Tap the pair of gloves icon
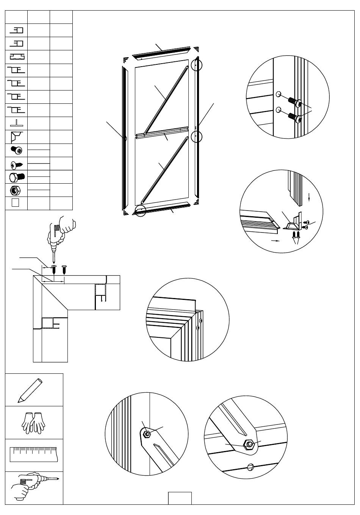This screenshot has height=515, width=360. pos(33,423)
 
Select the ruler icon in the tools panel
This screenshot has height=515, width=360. pos(33,454)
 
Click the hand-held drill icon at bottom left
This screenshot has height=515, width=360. pos(33,487)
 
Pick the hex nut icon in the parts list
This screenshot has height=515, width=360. pos(16,190)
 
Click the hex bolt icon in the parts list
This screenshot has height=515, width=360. pos(16,177)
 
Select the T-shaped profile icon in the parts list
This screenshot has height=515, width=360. pos(16,123)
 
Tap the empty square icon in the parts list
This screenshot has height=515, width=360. pos(15,203)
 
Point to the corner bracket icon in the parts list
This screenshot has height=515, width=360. pos(17,136)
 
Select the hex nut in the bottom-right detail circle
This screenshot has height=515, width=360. pos(249,444)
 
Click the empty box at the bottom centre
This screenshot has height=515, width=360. pos(180,498)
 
